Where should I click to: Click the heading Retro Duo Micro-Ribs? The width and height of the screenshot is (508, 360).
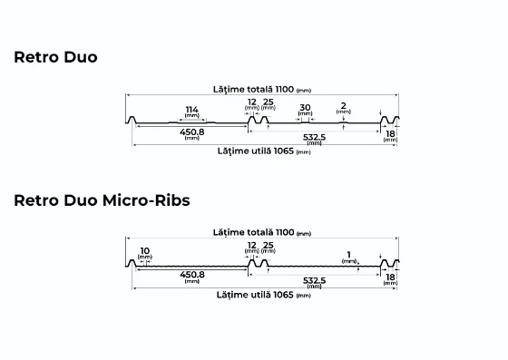pyautogui.click(x=102, y=200)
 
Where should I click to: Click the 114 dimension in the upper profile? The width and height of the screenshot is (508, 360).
pyautogui.click(x=191, y=110)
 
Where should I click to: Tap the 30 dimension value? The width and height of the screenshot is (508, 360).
pyautogui.click(x=305, y=107)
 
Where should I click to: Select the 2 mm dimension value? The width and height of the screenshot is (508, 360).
pyautogui.click(x=344, y=105)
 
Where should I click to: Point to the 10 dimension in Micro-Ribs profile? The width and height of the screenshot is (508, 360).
pyautogui.click(x=145, y=250)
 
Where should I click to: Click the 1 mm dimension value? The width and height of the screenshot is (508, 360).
pyautogui.click(x=348, y=255)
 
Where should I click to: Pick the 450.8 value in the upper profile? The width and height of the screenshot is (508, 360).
pyautogui.click(x=192, y=131)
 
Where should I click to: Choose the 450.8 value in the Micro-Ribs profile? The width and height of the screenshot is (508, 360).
pyautogui.click(x=192, y=275)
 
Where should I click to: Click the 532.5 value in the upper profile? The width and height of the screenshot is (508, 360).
pyautogui.click(x=314, y=137)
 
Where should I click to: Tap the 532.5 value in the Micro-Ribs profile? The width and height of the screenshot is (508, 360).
pyautogui.click(x=314, y=280)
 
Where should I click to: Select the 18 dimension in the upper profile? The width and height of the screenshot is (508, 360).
pyautogui.click(x=390, y=133)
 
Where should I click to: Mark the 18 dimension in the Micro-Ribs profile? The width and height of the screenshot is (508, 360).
pyautogui.click(x=390, y=277)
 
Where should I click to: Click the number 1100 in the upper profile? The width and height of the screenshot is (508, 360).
pyautogui.click(x=285, y=89)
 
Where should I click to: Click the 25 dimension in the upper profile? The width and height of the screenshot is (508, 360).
pyautogui.click(x=269, y=102)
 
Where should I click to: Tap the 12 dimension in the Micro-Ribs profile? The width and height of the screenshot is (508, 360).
pyautogui.click(x=252, y=246)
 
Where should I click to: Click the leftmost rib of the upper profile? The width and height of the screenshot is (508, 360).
pyautogui.click(x=132, y=120)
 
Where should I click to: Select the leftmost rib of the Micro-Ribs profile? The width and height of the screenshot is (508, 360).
pyautogui.click(x=132, y=263)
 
